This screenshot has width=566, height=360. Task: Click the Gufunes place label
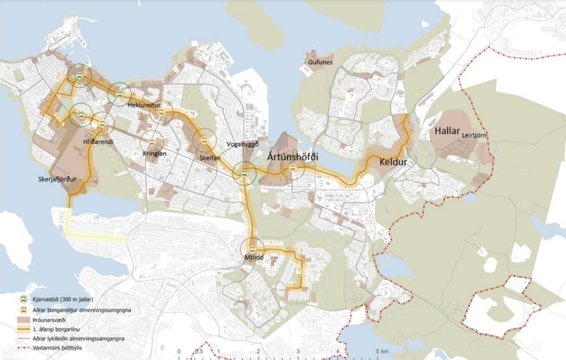click(x=320, y=62)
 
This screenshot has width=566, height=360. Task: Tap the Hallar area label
click(x=447, y=131)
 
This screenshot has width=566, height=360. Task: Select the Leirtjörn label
click(x=474, y=135)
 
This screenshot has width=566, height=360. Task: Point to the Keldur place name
click(x=393, y=162)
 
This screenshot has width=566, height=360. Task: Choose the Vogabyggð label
click(x=242, y=144)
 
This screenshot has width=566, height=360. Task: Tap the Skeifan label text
click(x=210, y=158)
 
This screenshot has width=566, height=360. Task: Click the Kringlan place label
click(x=154, y=154)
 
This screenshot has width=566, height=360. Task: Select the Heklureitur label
click(x=144, y=105)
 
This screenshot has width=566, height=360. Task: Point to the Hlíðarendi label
click(x=98, y=142)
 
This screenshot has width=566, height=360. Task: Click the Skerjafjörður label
click(x=57, y=179)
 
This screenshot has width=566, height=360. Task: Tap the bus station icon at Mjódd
click(x=252, y=249)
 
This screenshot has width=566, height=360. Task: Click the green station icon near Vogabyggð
click(x=244, y=174)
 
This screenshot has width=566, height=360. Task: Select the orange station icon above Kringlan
click(x=152, y=142)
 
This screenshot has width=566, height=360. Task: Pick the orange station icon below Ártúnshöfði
click(x=293, y=168)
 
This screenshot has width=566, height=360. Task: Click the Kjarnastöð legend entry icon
click(x=24, y=299)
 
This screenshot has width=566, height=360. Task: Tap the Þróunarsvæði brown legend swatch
click(x=24, y=320)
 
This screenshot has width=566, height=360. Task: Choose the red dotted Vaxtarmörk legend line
click(x=24, y=347)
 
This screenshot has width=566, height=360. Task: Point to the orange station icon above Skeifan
click(x=204, y=140)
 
